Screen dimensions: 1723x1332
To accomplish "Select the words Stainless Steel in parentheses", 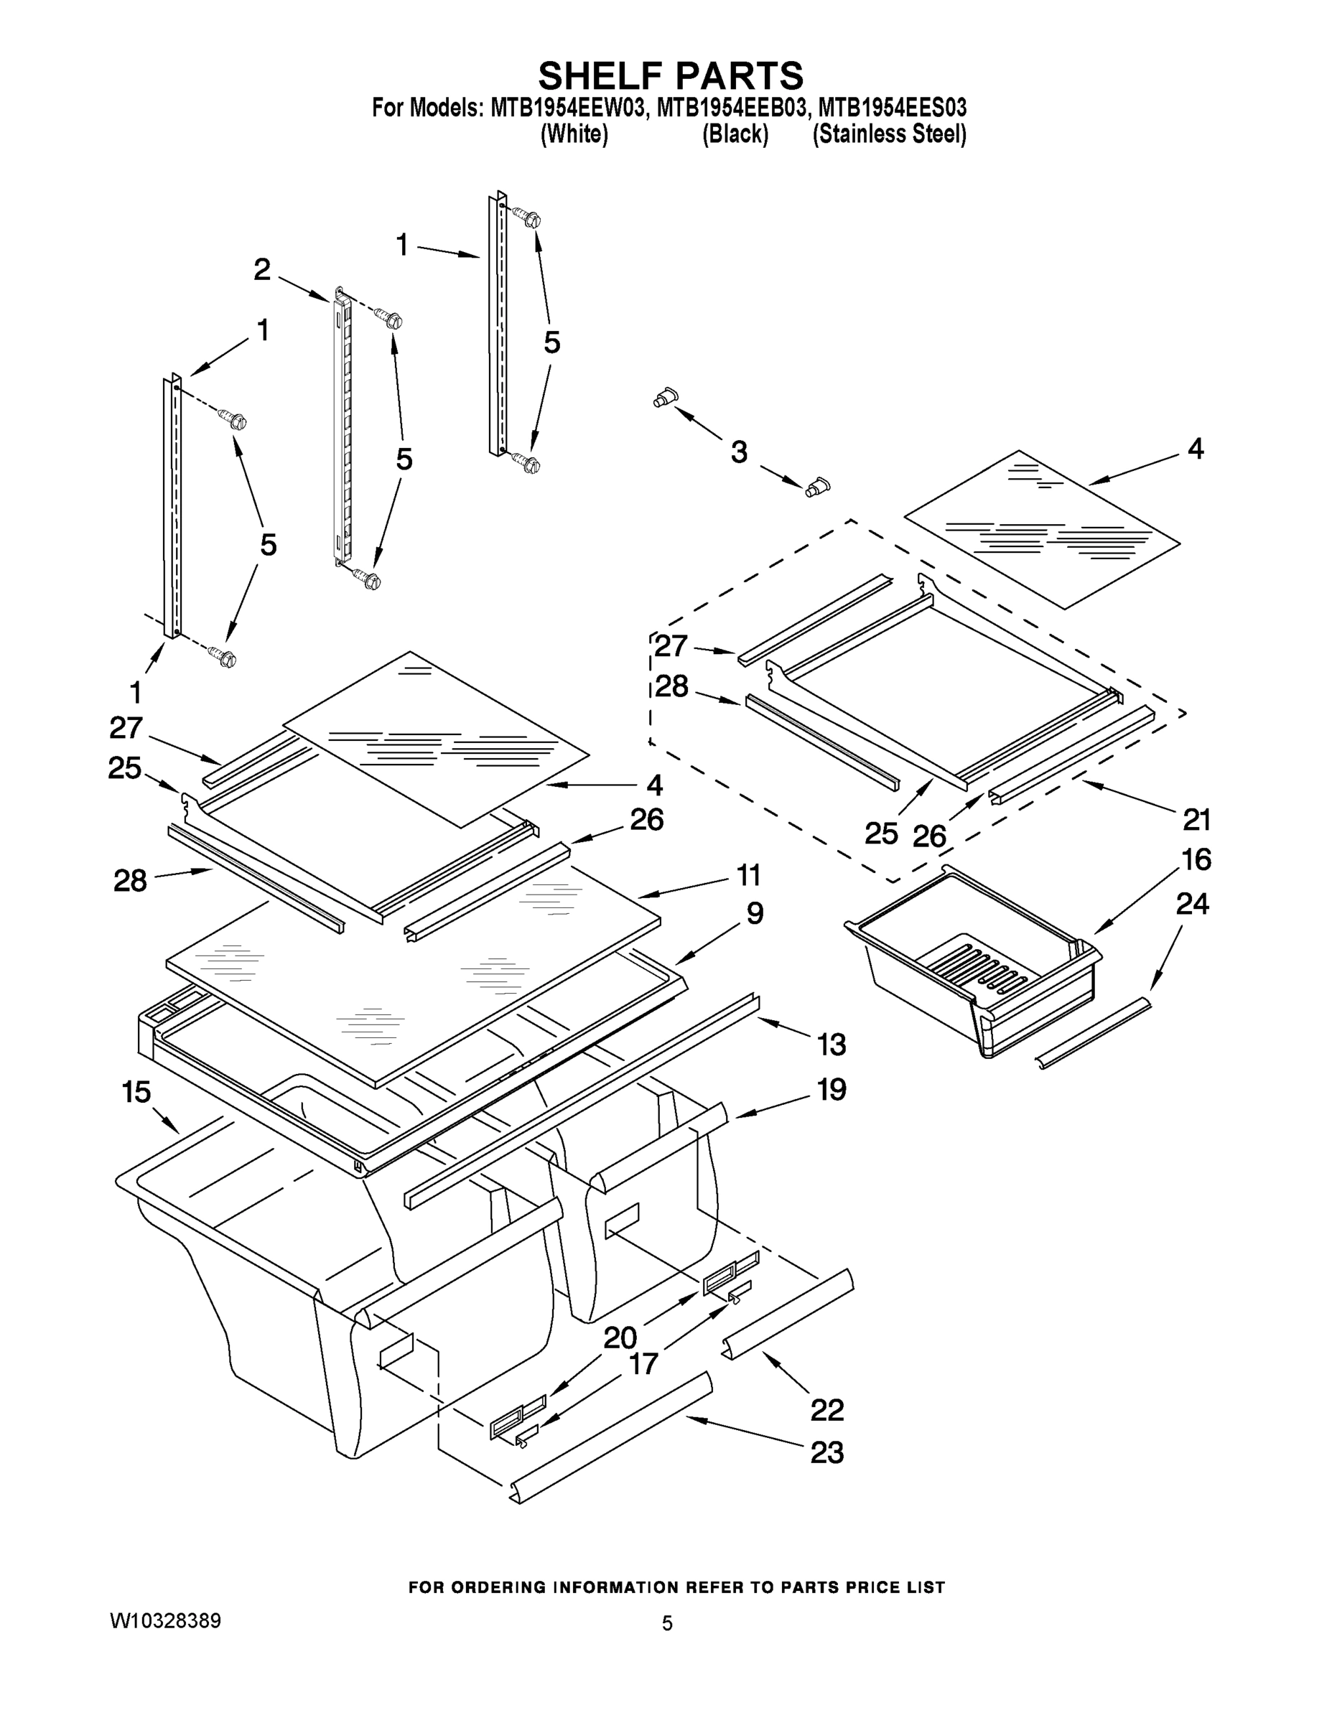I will click(x=888, y=135).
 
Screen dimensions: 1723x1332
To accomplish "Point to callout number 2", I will click(x=262, y=270).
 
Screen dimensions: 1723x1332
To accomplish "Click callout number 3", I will click(x=738, y=452).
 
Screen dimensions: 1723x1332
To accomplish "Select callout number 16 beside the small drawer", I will click(x=1196, y=859).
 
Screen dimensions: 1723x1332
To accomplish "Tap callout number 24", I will click(x=1191, y=904).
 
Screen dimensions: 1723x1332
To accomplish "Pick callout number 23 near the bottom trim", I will click(x=826, y=1452).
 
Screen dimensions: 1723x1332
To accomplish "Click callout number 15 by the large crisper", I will click(x=136, y=1093).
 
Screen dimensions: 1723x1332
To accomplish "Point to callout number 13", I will click(x=831, y=1045).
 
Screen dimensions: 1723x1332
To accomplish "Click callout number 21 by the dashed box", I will click(x=1196, y=820).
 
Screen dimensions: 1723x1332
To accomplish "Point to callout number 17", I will click(x=643, y=1363).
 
